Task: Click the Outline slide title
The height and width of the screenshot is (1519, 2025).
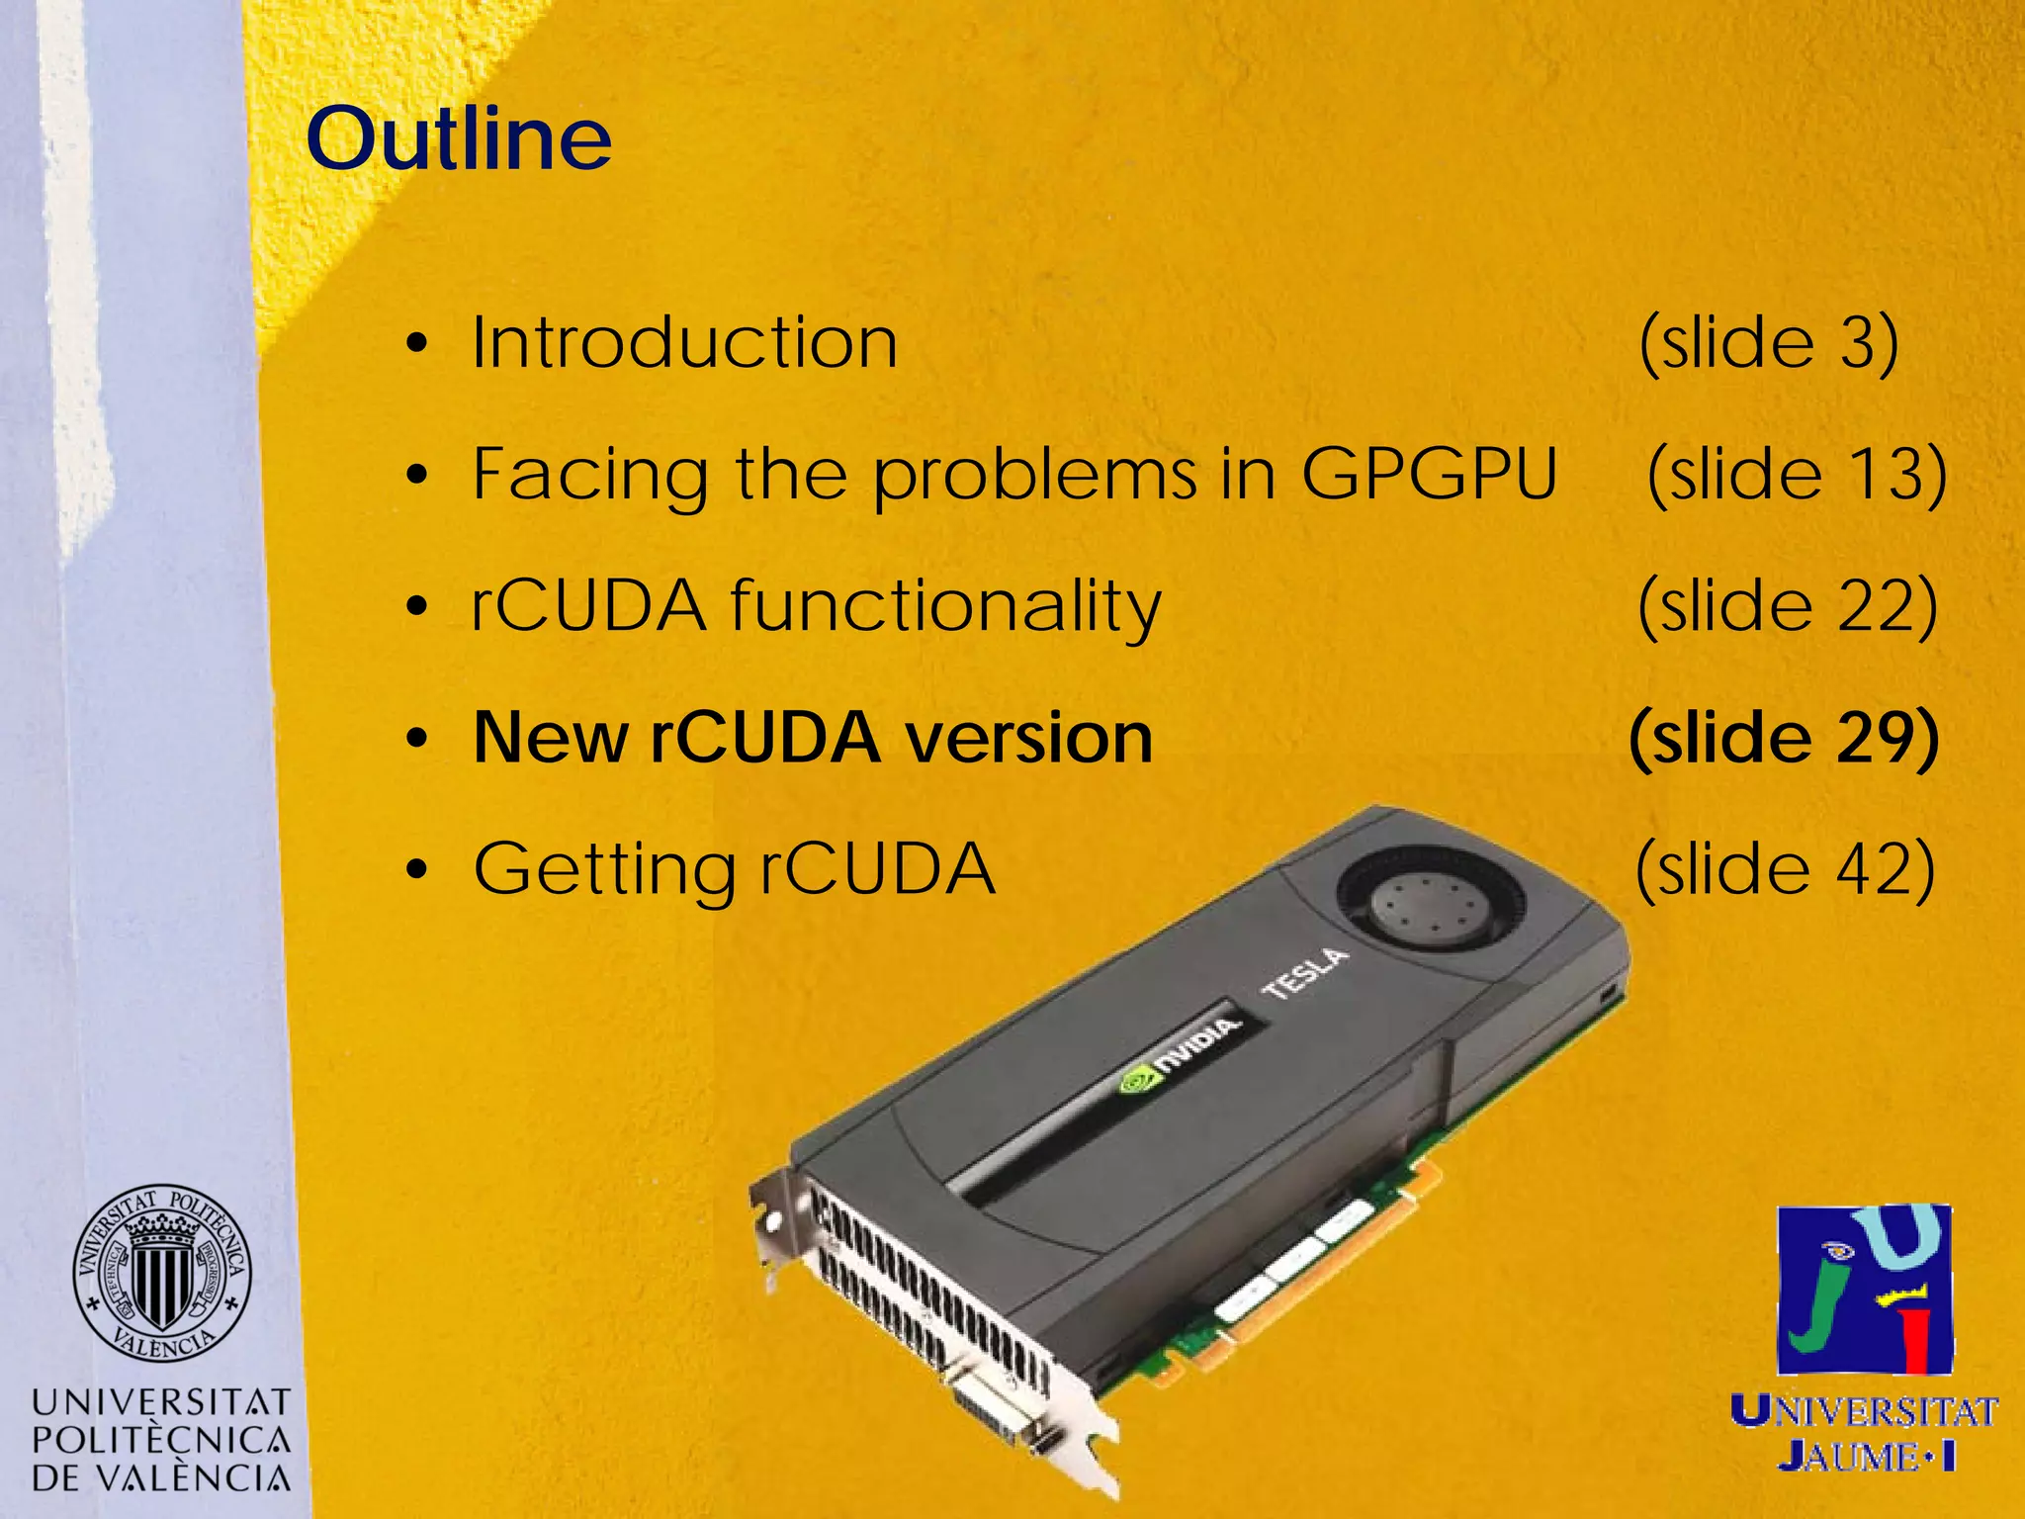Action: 459,138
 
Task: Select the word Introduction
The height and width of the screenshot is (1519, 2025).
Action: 684,343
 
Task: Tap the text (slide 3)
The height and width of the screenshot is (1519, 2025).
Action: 1768,343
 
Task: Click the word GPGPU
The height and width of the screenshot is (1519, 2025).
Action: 1429,474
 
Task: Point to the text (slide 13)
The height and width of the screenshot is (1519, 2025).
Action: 1797,474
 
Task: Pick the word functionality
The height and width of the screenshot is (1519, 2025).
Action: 945,605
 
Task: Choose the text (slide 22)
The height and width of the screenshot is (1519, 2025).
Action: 1787,605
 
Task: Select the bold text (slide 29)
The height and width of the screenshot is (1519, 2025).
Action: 1783,738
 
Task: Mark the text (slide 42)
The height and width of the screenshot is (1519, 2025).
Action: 1785,869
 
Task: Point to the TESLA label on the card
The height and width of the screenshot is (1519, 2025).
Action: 1305,974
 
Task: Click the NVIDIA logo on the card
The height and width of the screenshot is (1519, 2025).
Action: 1179,1056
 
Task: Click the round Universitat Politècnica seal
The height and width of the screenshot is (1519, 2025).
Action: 162,1274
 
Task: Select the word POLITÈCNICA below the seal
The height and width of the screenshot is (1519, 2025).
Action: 162,1440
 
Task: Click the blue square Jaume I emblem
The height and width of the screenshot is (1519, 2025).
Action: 1865,1290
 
